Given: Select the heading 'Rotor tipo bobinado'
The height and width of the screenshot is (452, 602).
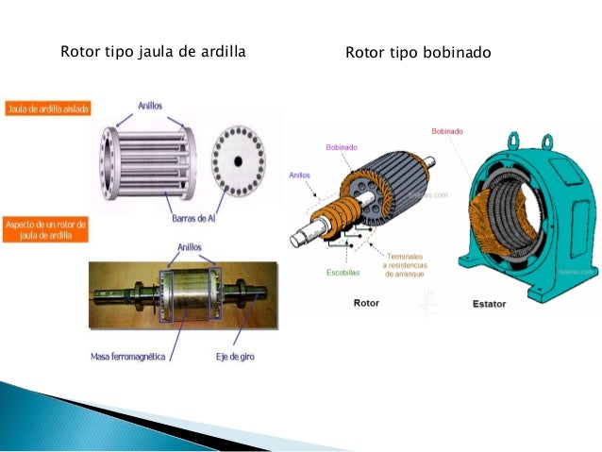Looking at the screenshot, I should click(x=418, y=52).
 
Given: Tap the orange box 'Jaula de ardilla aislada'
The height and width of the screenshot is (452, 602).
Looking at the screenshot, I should click(x=48, y=109).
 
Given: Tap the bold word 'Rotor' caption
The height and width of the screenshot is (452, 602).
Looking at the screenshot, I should click(x=365, y=304).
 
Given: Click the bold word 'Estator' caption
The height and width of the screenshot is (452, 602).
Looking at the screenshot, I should click(x=490, y=304).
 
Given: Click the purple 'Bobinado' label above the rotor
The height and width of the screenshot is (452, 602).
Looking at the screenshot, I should click(x=341, y=147).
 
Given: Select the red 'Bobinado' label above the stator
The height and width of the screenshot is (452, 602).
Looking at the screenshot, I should click(x=446, y=131).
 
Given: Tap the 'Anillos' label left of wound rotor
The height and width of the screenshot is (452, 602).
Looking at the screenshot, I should click(x=299, y=175).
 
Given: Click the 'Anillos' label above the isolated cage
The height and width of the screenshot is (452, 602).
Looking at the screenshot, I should click(x=154, y=107).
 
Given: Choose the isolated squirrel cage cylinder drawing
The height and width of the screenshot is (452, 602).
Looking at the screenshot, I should click(x=148, y=158).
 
